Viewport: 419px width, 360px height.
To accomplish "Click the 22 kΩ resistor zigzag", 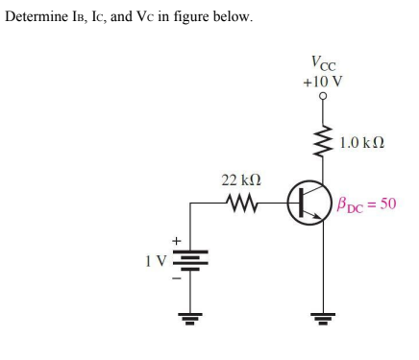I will [x=236, y=203].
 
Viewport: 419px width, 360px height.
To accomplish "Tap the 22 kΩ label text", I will [x=236, y=180].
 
